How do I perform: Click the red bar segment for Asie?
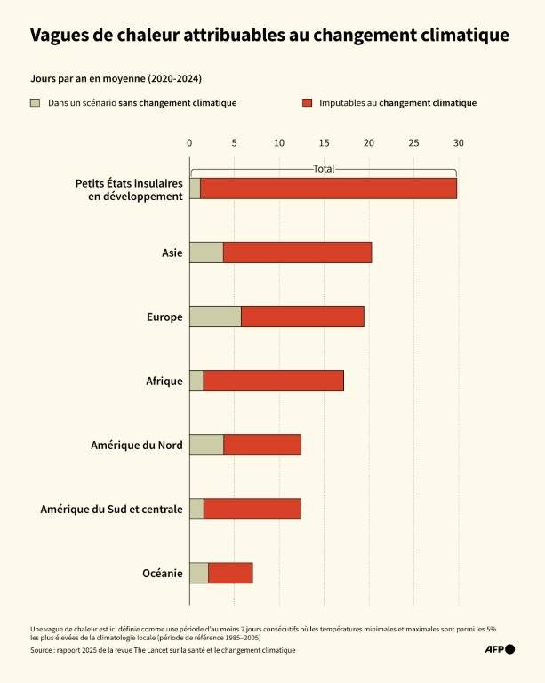pos(297,253)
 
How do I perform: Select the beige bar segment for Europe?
pos(215,317)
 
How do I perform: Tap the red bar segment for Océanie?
pos(230,573)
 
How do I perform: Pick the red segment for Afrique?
pos(273,381)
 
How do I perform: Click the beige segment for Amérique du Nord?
pos(206,445)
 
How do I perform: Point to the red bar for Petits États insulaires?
pos(328,189)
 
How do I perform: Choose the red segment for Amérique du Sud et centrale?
pos(252,509)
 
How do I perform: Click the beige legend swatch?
pos(36,103)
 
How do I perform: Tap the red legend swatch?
pos(308,103)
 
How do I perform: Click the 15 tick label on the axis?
pos(324,142)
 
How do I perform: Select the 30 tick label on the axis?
pos(458,142)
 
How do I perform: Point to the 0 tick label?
pos(189,142)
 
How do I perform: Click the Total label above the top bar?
pos(324,168)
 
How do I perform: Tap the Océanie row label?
pos(163,574)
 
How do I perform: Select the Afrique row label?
pos(164,382)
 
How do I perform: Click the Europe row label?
pos(164,317)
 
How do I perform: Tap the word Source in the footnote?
pos(43,650)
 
